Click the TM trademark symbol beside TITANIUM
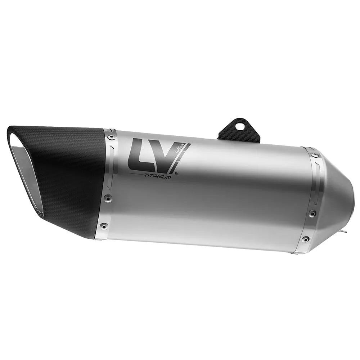point(176,174)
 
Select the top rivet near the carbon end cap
point(111,137)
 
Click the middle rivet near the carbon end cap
point(107,198)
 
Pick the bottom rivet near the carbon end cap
point(104,226)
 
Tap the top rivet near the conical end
point(315,155)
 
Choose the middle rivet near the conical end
point(312,213)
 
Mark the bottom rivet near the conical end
point(305,239)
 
